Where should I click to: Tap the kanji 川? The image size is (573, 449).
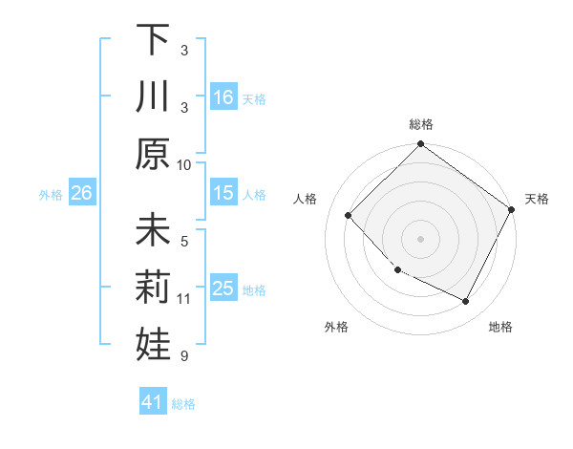click(152, 96)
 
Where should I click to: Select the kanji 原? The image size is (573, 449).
click(152, 153)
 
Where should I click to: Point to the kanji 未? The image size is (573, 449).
click(152, 231)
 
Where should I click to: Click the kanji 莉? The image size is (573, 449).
click(152, 288)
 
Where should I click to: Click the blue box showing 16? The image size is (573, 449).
click(223, 96)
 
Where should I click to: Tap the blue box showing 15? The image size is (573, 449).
click(223, 193)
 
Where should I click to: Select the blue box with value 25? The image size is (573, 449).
click(223, 288)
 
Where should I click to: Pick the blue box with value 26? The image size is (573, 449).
click(81, 193)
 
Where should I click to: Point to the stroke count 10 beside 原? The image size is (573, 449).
click(184, 164)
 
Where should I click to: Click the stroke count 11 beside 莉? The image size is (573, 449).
click(184, 299)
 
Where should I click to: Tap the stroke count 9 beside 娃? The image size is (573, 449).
click(184, 356)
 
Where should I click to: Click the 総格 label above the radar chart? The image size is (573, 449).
click(420, 124)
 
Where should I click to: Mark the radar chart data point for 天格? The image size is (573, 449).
click(512, 209)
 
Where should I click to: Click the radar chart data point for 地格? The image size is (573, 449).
click(466, 302)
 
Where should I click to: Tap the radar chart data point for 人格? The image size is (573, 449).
click(349, 215)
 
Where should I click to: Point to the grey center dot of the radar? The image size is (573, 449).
click(420, 238)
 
